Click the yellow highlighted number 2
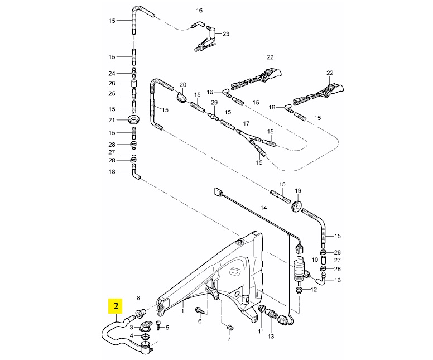[x=116, y=306]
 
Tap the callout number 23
[x=226, y=34]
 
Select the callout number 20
[x=183, y=85]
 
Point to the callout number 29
[x=214, y=103]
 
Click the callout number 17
[x=246, y=123]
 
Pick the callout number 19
[x=298, y=191]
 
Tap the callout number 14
[x=264, y=208]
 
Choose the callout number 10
[x=315, y=260]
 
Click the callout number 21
[x=112, y=120]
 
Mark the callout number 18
[x=112, y=172]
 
